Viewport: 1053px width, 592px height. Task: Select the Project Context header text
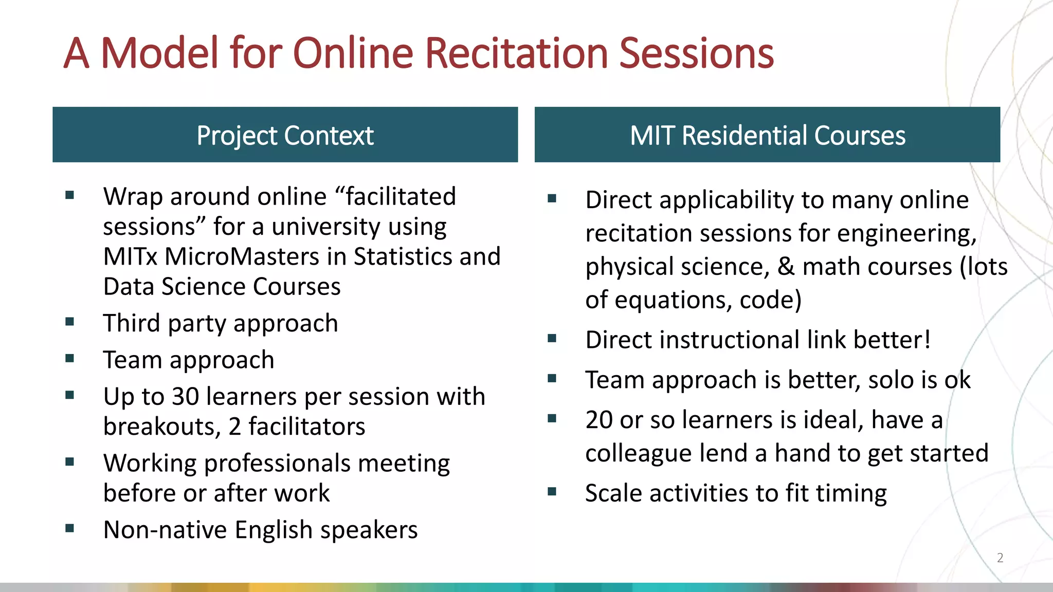tap(285, 136)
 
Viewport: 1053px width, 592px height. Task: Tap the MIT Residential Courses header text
tap(767, 136)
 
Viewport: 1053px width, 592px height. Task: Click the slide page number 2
tap(1000, 558)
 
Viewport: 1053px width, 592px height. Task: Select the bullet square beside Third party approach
tap(70, 322)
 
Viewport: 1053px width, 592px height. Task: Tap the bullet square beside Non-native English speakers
tap(70, 528)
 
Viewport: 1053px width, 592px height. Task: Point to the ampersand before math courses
tap(786, 267)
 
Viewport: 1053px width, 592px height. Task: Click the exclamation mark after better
tap(927, 340)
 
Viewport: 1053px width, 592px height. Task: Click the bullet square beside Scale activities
tap(552, 491)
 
